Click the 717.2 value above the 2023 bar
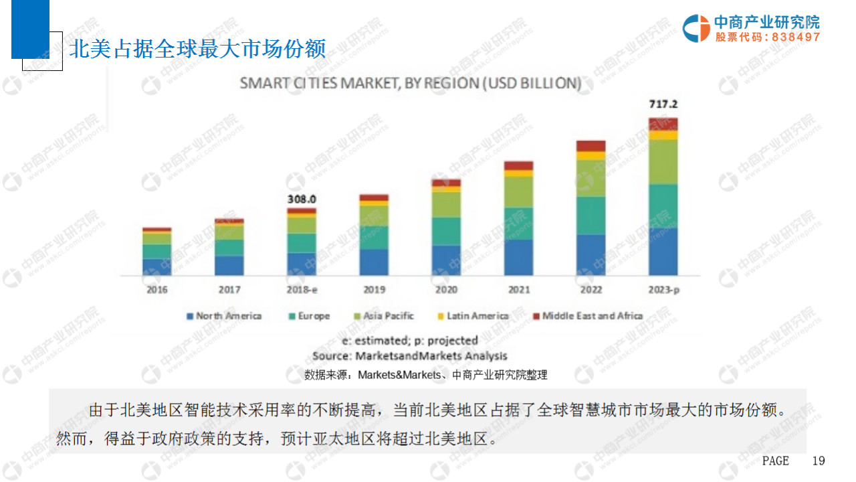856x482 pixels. pyautogui.click(x=663, y=104)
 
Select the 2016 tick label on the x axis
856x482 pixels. pyautogui.click(x=156, y=290)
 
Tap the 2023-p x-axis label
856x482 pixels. pyautogui.click(x=663, y=290)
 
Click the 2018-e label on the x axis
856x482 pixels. pyautogui.click(x=302, y=290)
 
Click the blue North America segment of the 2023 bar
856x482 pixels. pyautogui.click(x=663, y=251)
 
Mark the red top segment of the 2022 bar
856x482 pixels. pyautogui.click(x=591, y=146)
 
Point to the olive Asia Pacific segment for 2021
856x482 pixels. pyautogui.click(x=518, y=191)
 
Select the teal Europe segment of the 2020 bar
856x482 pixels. pyautogui.click(x=446, y=231)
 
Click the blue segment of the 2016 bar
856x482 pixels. pyautogui.click(x=156, y=266)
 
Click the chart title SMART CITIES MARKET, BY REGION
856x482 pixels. pyautogui.click(x=410, y=84)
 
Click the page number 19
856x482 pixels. pyautogui.click(x=819, y=461)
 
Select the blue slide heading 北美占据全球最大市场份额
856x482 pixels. pyautogui.click(x=198, y=48)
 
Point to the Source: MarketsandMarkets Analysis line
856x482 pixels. pyautogui.click(x=409, y=356)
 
